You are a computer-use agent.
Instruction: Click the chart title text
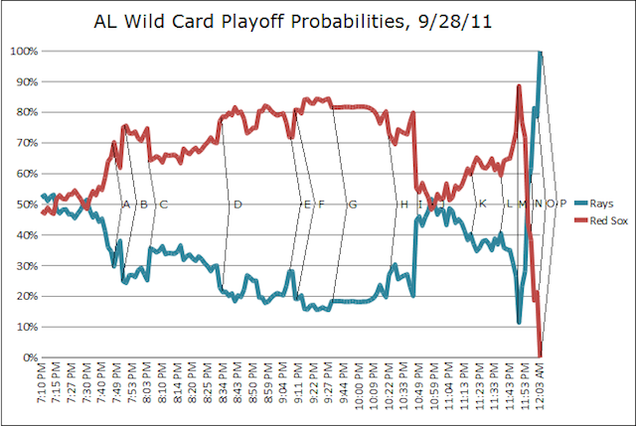(x=292, y=22)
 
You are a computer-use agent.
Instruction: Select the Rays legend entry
(x=594, y=203)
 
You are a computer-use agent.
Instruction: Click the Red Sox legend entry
(x=601, y=221)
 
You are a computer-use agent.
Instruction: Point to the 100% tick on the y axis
(x=24, y=51)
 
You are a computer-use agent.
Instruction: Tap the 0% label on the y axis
(x=30, y=357)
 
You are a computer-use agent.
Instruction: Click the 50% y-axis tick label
(x=27, y=204)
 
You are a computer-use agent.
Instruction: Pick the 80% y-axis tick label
(x=27, y=112)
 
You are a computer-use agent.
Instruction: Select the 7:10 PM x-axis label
(x=42, y=383)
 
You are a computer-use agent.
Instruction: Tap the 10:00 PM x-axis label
(x=359, y=385)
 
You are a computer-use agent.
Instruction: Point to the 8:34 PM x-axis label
(x=223, y=383)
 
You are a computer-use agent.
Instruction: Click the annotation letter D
(x=238, y=204)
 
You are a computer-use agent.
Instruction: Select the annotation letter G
(x=353, y=204)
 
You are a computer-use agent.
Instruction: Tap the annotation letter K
(x=482, y=203)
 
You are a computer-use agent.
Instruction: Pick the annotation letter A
(x=126, y=204)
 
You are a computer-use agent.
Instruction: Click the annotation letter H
(x=404, y=204)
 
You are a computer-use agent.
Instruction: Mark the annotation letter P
(x=563, y=203)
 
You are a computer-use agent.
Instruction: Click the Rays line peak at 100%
(x=540, y=52)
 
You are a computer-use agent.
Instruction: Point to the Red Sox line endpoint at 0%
(x=540, y=357)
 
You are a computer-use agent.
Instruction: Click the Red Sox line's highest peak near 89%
(x=519, y=86)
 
